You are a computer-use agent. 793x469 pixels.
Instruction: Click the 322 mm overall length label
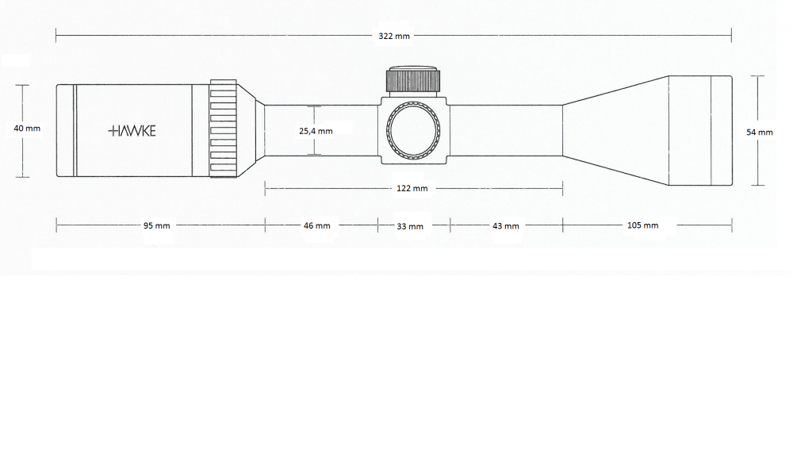click(x=394, y=36)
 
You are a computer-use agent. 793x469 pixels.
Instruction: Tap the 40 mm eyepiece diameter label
click(x=27, y=129)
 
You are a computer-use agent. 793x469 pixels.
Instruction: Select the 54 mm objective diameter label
click(x=760, y=133)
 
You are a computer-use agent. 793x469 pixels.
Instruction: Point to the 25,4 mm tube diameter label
click(x=316, y=131)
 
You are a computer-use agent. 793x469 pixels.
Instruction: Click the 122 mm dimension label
click(x=412, y=188)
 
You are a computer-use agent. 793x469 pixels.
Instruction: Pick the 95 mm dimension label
click(x=156, y=225)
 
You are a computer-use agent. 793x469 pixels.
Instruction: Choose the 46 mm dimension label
click(x=316, y=225)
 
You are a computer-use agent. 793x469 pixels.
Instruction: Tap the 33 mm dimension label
click(x=410, y=226)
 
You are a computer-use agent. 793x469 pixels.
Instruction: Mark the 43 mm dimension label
click(x=506, y=226)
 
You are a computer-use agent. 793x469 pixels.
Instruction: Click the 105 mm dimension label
click(x=643, y=225)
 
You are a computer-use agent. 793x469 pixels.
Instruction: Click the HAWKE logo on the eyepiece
click(x=132, y=132)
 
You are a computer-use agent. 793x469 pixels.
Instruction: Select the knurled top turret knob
click(x=413, y=79)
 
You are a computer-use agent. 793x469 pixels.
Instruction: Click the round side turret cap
click(x=413, y=129)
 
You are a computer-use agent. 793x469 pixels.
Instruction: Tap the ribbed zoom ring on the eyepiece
click(x=223, y=129)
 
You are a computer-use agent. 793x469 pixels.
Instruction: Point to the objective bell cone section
click(x=615, y=130)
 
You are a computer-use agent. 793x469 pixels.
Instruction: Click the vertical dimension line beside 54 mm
click(x=757, y=130)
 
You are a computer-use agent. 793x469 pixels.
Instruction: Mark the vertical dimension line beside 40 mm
click(x=22, y=131)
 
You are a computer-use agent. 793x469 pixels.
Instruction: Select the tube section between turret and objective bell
click(x=506, y=130)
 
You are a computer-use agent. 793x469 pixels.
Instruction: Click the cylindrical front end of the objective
click(x=700, y=130)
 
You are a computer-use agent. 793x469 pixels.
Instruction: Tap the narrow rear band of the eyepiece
click(x=65, y=130)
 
